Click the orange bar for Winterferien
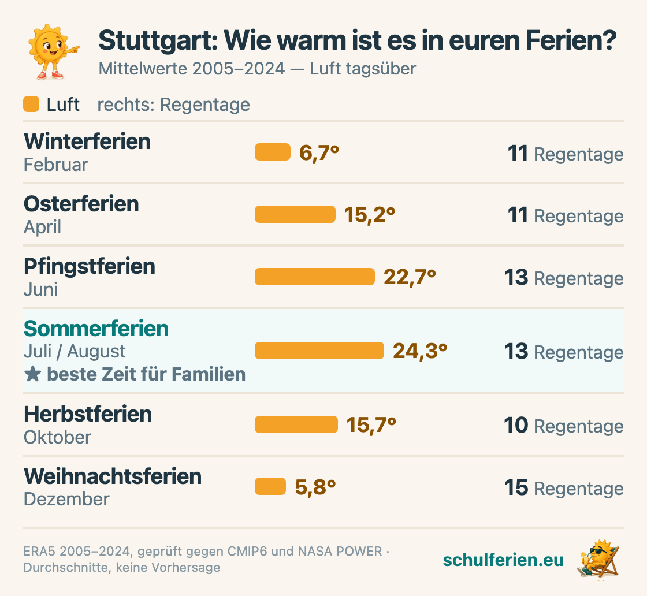coord(273,152)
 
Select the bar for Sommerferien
coord(319,351)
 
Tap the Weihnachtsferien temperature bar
coord(270,486)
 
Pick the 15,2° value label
coord(370,215)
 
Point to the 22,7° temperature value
coord(410,277)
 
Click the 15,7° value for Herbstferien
coord(371,425)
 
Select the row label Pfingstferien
coord(90,266)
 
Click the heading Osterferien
coord(81,204)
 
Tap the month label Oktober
coord(57,437)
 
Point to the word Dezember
coord(66,499)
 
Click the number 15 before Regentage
coord(516,487)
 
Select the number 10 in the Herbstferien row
coord(516,425)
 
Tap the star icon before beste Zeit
coord(32,374)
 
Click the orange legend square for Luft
coord(31,104)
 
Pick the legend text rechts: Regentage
coord(174,105)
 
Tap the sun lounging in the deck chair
coord(598,559)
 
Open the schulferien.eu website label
coord(503,560)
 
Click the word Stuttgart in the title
coord(158,40)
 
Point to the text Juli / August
coord(75,351)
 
